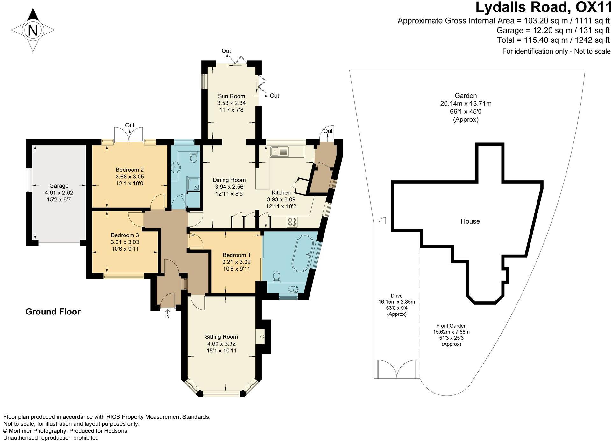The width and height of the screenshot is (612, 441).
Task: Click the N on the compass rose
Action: pyautogui.click(x=33, y=30)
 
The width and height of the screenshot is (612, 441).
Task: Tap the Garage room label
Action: pyautogui.click(x=59, y=186)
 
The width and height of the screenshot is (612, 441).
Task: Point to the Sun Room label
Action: pyautogui.click(x=231, y=96)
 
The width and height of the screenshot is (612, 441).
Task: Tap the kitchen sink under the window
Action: pyautogui.click(x=279, y=151)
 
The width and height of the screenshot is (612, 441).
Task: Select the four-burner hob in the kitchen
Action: pyautogui.click(x=292, y=222)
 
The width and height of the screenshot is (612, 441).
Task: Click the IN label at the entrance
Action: pyautogui.click(x=167, y=316)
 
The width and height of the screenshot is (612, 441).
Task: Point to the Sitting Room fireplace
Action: pyautogui.click(x=260, y=336)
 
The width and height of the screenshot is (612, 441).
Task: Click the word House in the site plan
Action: pyautogui.click(x=470, y=221)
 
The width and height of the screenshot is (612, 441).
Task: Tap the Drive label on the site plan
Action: pyautogui.click(x=397, y=295)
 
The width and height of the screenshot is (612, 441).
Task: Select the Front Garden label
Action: pyautogui.click(x=451, y=326)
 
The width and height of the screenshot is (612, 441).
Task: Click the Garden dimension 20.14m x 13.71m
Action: pyautogui.click(x=466, y=104)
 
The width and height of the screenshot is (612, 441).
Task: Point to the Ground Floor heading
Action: pyautogui.click(x=53, y=312)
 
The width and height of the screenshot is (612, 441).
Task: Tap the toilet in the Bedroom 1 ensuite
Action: pyautogui.click(x=276, y=277)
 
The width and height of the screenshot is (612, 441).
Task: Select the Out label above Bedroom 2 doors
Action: pyautogui.click(x=130, y=125)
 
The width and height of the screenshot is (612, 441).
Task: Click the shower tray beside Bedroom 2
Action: pyautogui.click(x=194, y=184)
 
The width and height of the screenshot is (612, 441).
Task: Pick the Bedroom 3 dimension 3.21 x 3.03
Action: pyautogui.click(x=125, y=242)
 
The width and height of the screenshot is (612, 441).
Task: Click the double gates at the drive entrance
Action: pyautogui.click(x=397, y=369)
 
